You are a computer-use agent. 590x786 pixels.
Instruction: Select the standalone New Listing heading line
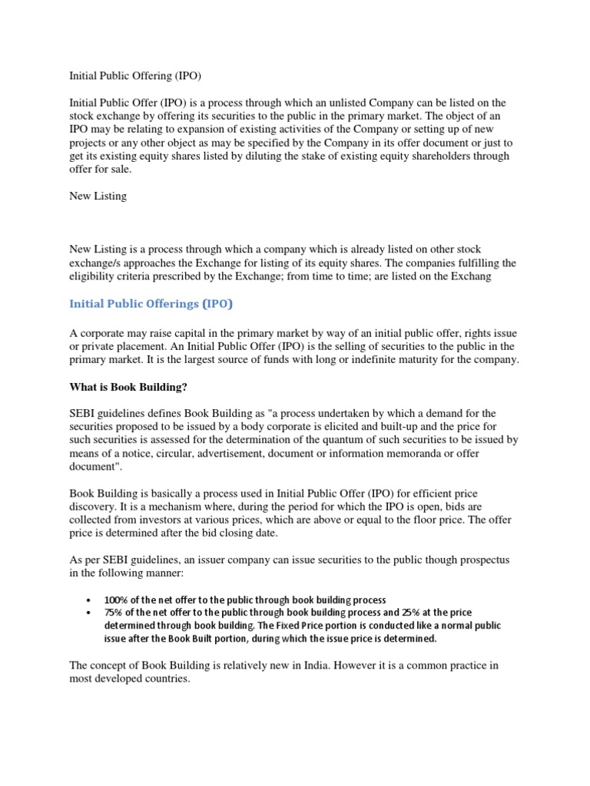(x=98, y=196)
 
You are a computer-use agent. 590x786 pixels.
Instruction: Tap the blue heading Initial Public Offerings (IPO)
(x=151, y=304)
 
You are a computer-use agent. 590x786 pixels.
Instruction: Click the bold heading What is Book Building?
(x=128, y=387)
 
